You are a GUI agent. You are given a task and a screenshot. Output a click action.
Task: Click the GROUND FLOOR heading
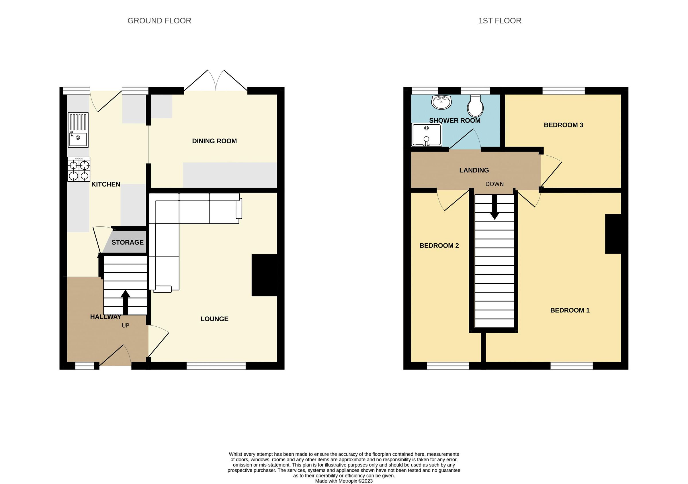[159, 21]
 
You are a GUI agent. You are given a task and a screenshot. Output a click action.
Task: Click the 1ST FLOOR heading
[500, 21]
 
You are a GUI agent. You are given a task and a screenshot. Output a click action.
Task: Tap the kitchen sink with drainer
[78, 130]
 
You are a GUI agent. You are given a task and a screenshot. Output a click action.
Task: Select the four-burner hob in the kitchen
[79, 170]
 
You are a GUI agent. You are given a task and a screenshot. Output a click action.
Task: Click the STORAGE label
[128, 242]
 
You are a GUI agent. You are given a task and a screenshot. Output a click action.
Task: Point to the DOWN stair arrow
[494, 207]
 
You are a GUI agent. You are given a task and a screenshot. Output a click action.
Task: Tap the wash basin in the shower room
[441, 102]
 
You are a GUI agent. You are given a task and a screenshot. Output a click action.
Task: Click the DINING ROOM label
[214, 141]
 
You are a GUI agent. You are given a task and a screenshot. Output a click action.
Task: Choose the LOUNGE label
[214, 319]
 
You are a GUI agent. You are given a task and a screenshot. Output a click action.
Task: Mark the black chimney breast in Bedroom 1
[613, 234]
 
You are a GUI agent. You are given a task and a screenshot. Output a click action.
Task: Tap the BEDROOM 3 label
[563, 125]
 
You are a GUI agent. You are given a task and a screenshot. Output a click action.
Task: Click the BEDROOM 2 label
[439, 246]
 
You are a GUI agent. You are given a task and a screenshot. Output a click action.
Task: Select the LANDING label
[474, 171]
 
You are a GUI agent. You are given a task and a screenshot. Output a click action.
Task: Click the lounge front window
[216, 365]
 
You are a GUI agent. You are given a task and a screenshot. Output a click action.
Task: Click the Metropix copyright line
[344, 481]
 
